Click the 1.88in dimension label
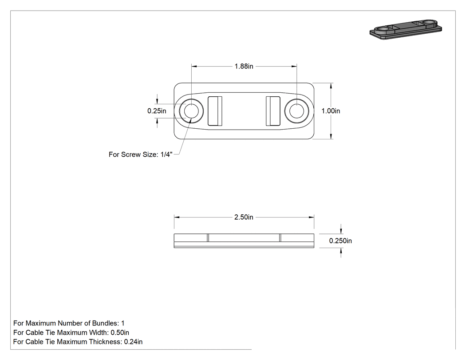pos(244,66)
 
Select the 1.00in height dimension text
pos(331,111)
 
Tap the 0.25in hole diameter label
pos(157,111)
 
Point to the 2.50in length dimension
pos(244,218)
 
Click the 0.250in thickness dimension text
pos(340,241)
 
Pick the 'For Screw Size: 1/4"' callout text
pos(141,154)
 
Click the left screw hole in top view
pos(191,111)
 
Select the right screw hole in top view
pos(296,111)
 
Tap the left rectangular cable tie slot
pos(215,111)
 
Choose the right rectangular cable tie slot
pos(273,111)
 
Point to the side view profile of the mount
pos(244,241)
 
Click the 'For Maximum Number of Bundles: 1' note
pos(69,323)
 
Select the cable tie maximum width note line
pos(71,332)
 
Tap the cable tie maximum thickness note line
pos(78,342)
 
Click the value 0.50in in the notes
pos(120,332)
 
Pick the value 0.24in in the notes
pos(133,342)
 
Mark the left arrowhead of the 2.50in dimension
pos(177,218)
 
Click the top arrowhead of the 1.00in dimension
pos(331,86)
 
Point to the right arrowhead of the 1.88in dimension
pos(294,66)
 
